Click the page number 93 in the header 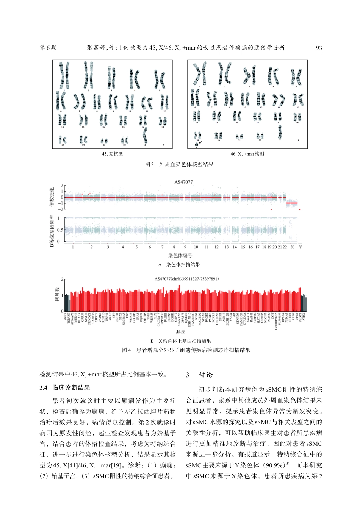[319, 48]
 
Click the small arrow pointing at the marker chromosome [200, 142]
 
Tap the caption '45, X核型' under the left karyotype [112, 154]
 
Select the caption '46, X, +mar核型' [247, 154]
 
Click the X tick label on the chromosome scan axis [292, 247]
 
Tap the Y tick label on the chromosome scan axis [300, 247]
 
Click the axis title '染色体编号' [180, 255]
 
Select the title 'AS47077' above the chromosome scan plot [183, 182]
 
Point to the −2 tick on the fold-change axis [61, 209]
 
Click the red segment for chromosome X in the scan [292, 203]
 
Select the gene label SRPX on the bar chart [65, 317]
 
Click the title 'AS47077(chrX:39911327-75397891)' [187, 279]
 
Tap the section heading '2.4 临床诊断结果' [65, 387]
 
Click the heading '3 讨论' [199, 375]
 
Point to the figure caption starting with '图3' [180, 164]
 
